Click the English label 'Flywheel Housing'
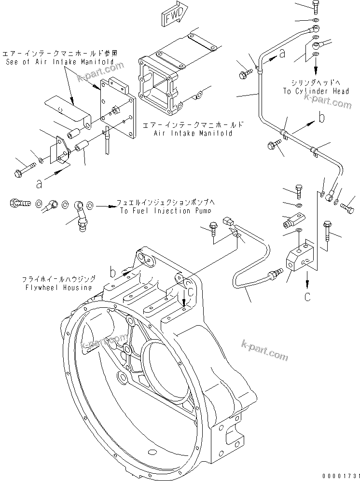point(64,288)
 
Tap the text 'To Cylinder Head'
point(323,91)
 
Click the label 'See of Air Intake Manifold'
point(60,62)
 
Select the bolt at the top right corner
point(316,6)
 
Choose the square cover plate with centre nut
point(118,112)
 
